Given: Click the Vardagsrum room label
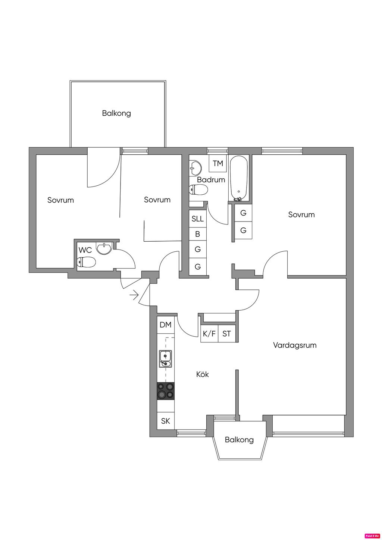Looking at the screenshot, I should (x=294, y=345).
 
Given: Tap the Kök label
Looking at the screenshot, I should (x=203, y=374).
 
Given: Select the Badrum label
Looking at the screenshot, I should (x=211, y=179).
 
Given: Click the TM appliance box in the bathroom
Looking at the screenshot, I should (x=218, y=163).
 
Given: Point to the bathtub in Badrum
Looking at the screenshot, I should (x=239, y=178).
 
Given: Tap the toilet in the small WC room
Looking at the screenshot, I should (x=87, y=263).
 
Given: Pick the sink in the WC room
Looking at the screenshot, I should (x=104, y=248).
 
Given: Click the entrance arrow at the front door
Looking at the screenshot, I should (x=133, y=296).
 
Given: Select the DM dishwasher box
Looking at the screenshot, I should (x=166, y=325).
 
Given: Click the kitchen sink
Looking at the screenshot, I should (x=165, y=359).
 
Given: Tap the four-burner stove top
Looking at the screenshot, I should (x=166, y=390).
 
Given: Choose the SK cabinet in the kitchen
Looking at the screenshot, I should (x=166, y=421).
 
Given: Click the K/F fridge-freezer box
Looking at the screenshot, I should (x=209, y=334).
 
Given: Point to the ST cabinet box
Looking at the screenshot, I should (x=226, y=334).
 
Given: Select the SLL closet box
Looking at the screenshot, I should (x=198, y=219).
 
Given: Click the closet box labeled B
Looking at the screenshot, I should (x=198, y=234).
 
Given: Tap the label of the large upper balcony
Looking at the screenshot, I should (x=116, y=113).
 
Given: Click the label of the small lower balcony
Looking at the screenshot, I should (x=239, y=440).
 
